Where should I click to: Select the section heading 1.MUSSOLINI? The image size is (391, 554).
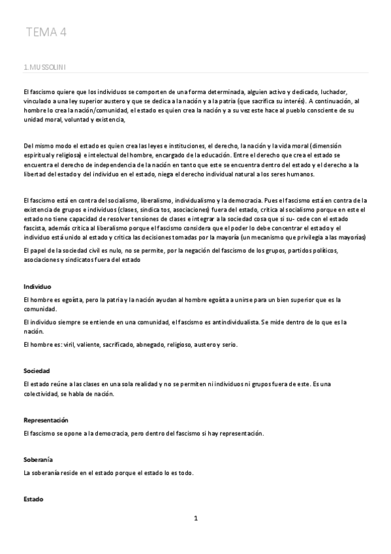coord(44,67)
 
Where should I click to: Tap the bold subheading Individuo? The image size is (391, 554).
coord(37,287)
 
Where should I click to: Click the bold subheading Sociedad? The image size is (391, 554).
coord(37,370)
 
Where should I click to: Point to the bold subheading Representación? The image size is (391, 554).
coord(46,419)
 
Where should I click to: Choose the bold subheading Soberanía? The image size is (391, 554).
coord(39,459)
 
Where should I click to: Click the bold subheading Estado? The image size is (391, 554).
coord(33,499)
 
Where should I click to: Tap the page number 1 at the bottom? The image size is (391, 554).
coord(195,519)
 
